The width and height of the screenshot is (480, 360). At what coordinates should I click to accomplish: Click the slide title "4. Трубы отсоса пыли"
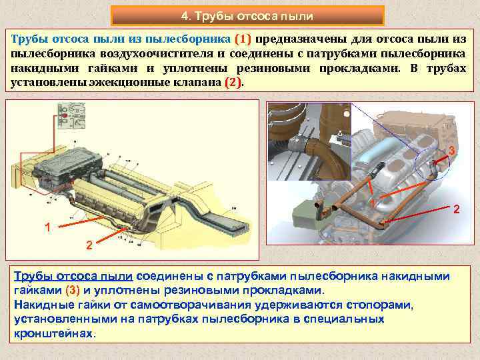[247, 16]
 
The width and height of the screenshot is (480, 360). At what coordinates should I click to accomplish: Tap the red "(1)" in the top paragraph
[243, 39]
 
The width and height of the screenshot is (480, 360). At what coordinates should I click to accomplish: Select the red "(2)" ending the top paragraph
[233, 83]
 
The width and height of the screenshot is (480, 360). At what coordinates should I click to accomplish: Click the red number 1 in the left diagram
[47, 227]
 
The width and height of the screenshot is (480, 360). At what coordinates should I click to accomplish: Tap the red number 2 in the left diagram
[89, 245]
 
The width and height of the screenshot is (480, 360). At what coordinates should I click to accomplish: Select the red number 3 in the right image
[452, 150]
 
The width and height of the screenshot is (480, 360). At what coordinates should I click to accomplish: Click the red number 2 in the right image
[457, 209]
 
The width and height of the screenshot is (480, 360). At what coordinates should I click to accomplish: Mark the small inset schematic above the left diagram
[71, 115]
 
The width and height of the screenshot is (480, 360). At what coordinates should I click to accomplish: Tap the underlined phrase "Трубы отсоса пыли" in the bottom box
[73, 276]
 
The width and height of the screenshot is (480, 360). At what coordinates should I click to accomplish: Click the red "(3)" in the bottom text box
[73, 290]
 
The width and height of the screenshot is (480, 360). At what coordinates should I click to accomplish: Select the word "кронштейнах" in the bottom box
[53, 333]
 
